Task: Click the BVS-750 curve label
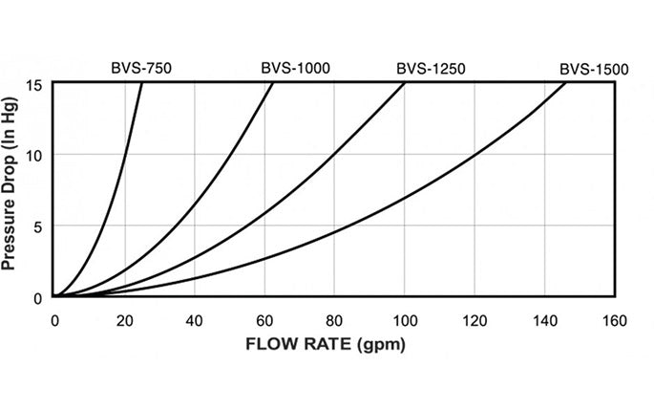[139, 69]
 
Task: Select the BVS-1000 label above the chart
[292, 69]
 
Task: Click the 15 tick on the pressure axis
[35, 84]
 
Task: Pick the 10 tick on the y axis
[35, 155]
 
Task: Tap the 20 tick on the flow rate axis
[124, 318]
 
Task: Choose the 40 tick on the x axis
[195, 318]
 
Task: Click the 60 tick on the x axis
[265, 318]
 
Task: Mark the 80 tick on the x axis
[335, 318]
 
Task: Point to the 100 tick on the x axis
[406, 318]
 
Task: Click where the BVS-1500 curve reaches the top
[566, 83]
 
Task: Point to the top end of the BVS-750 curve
[142, 83]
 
